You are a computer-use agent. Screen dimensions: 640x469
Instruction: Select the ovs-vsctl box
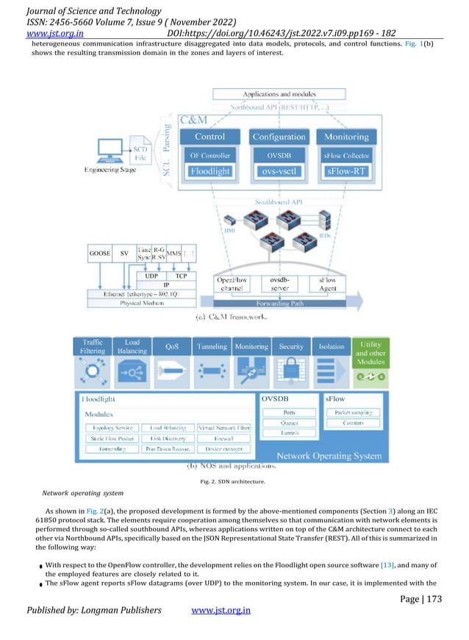coord(278,172)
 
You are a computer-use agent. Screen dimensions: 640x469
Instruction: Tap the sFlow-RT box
coord(346,172)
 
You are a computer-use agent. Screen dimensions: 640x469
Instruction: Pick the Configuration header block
coord(278,137)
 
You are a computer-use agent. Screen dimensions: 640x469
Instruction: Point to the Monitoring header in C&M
coord(346,137)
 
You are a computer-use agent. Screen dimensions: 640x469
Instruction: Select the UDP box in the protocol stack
coord(152,276)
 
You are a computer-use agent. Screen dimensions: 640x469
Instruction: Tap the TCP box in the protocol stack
coord(180,276)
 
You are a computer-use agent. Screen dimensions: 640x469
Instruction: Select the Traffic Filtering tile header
coord(92,346)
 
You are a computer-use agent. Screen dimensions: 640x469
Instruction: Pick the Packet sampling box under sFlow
coord(353,413)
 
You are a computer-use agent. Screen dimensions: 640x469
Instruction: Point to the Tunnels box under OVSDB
coord(289,433)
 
